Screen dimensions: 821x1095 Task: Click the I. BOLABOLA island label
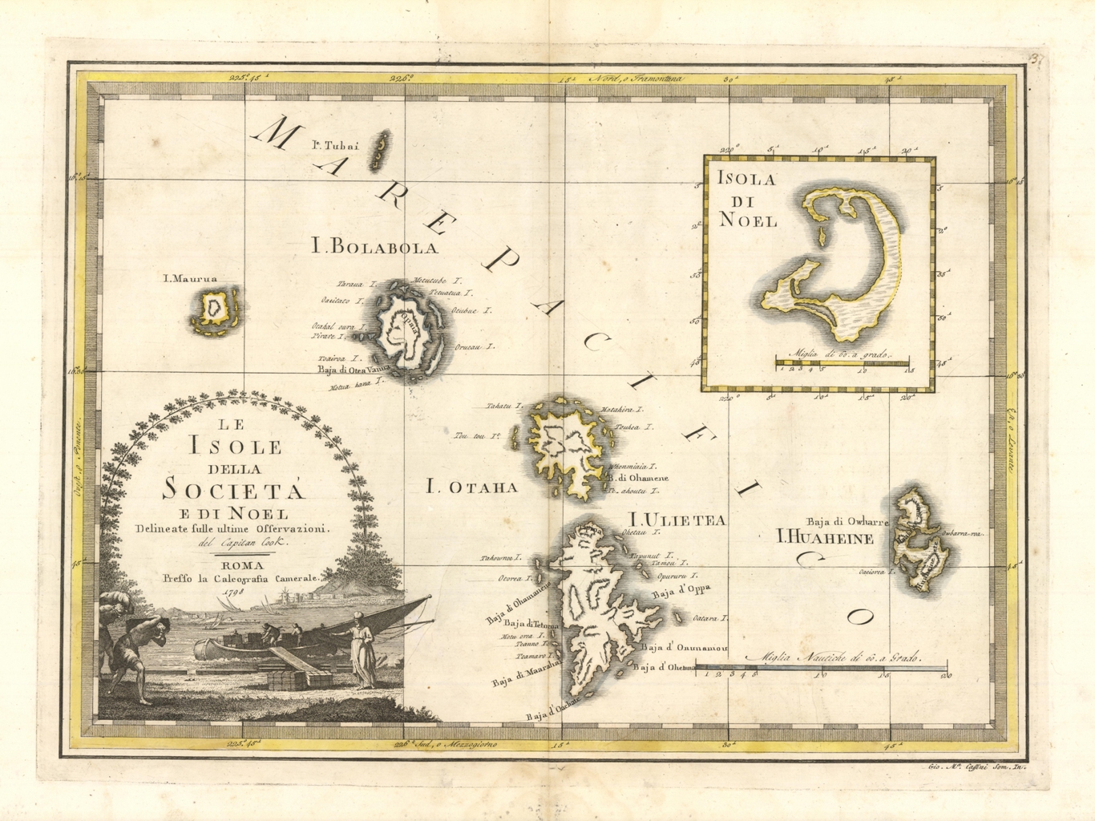[375, 247]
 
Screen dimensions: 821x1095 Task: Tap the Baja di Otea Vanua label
[353, 370]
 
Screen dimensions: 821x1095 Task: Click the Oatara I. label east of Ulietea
[709, 619]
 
